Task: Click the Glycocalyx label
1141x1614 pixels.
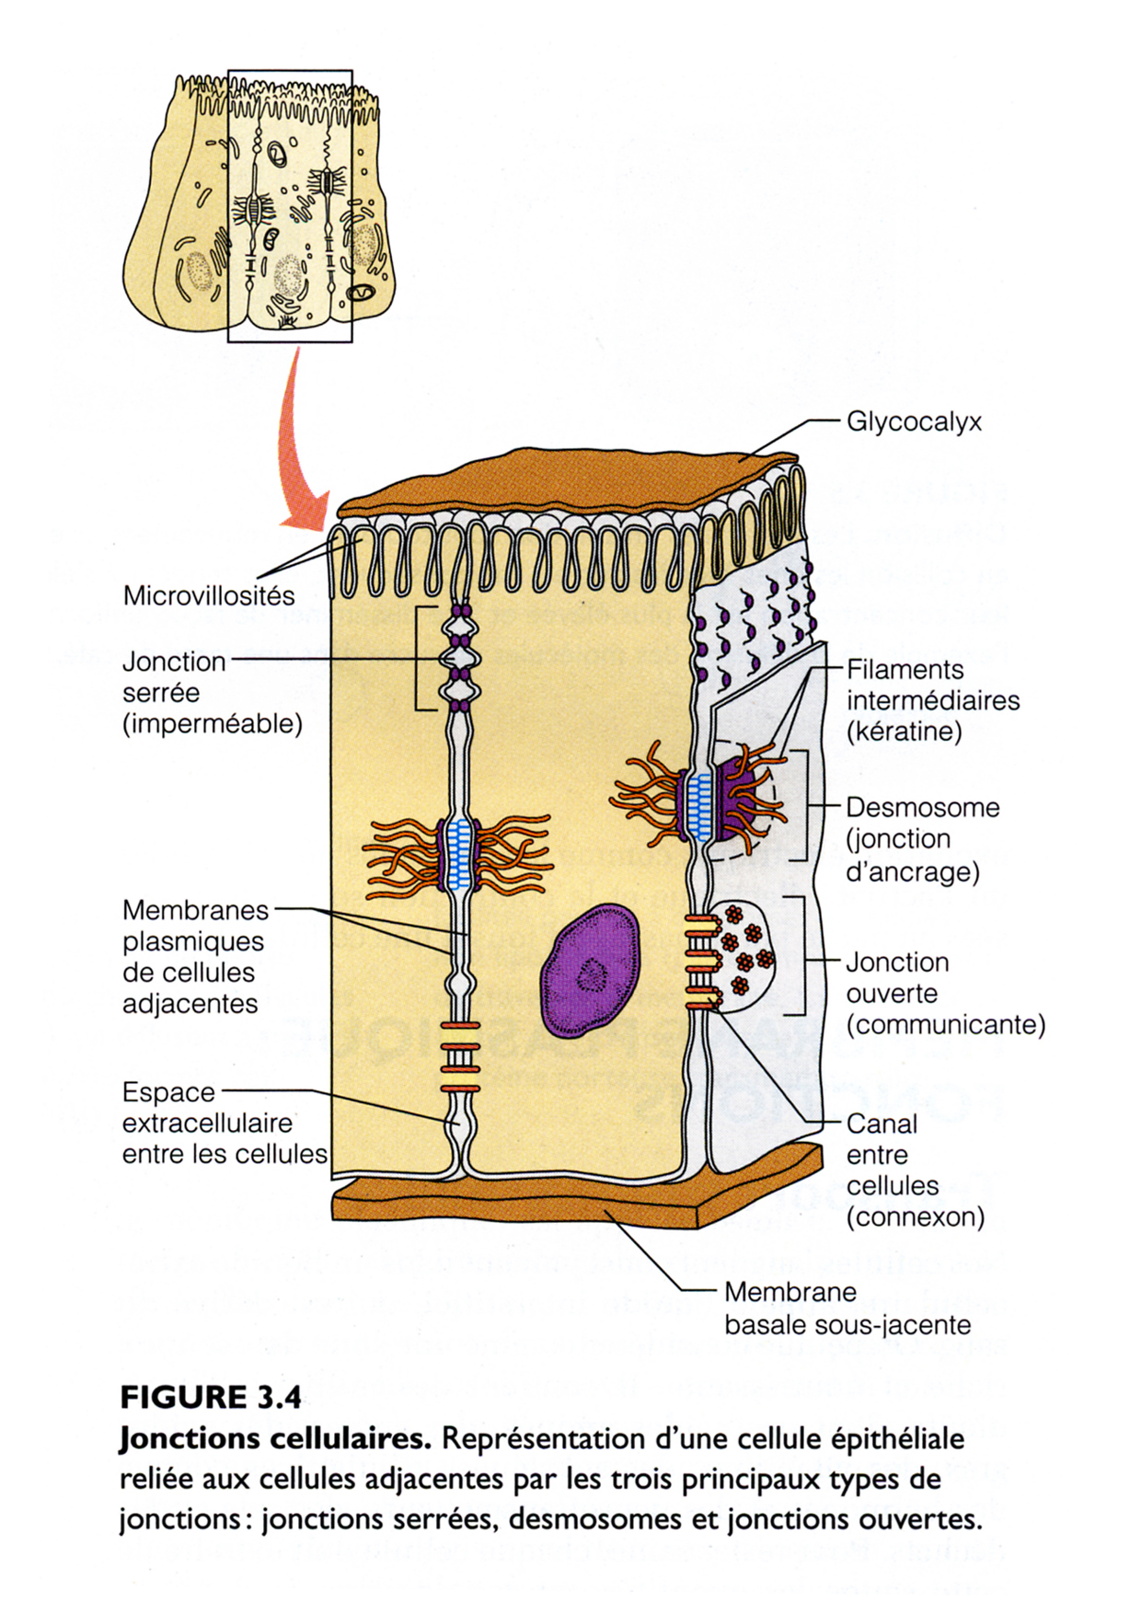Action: point(914,422)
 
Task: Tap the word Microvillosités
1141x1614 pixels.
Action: point(209,595)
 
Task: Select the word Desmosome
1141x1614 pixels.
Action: point(922,808)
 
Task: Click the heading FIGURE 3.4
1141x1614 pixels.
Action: point(211,1397)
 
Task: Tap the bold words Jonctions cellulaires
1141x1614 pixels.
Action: point(275,1438)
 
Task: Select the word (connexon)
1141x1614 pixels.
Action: point(915,1217)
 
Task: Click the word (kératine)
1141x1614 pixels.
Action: point(904,732)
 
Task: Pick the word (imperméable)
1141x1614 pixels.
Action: point(213,724)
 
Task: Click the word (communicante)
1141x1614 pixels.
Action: point(945,1025)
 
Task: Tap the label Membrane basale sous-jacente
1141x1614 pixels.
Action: point(847,1308)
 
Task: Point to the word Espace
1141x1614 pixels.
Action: point(168,1092)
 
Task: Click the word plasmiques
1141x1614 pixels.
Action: point(193,942)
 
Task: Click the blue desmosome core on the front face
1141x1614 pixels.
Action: point(458,856)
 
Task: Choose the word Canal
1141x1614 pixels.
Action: point(882,1124)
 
